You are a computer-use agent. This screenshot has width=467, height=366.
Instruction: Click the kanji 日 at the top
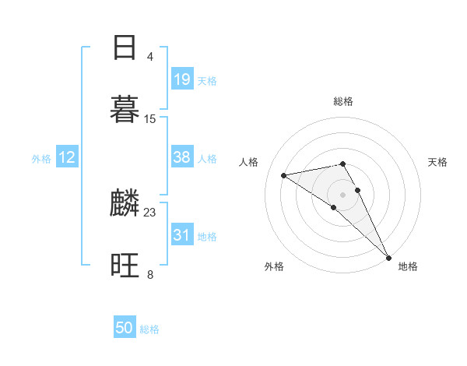point(125,48)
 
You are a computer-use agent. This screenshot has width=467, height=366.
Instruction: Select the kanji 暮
point(125,109)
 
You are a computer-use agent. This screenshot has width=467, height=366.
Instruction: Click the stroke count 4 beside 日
point(149,57)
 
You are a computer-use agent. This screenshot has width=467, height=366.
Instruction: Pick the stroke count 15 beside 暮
point(150,119)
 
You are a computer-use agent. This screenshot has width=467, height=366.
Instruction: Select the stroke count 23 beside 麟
point(150,212)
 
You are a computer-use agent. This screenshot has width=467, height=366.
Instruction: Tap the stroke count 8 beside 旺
point(149,274)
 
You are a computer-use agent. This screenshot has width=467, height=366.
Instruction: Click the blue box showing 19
point(182,79)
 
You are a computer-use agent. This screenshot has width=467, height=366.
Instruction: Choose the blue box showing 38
point(182,157)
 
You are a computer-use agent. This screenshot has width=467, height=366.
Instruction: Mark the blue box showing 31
point(182,235)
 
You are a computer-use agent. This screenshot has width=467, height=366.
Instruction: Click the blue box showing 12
point(67,157)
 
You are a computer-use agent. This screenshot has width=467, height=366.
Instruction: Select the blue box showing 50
point(125,328)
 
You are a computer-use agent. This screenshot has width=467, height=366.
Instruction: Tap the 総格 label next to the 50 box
point(149,329)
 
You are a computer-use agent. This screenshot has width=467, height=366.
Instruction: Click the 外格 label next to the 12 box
point(41,159)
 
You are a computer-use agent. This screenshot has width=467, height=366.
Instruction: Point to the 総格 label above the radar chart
point(343,101)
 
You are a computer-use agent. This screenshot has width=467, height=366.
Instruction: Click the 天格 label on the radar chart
point(437,162)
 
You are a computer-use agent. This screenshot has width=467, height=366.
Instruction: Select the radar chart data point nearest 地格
point(389,257)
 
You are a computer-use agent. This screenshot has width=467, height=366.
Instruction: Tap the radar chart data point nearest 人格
point(284,175)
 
